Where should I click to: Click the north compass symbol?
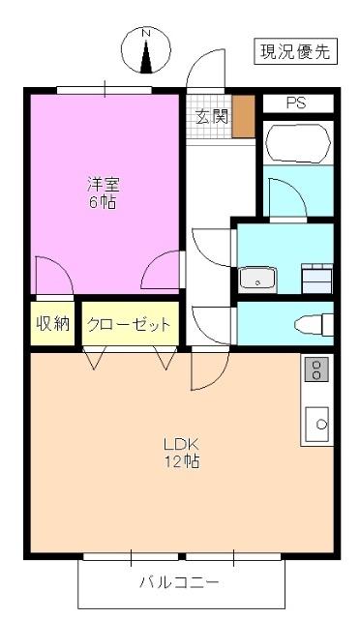point(148,49)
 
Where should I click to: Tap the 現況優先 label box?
point(295,51)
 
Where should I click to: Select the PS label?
point(295,103)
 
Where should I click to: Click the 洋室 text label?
point(104,184)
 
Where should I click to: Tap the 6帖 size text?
point(104,202)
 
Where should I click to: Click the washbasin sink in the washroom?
point(258,279)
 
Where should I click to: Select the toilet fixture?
point(313,323)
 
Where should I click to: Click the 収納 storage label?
point(53,324)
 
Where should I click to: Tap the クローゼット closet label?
point(130,324)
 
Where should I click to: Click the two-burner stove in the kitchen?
point(316,369)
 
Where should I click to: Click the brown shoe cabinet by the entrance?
point(243,116)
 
